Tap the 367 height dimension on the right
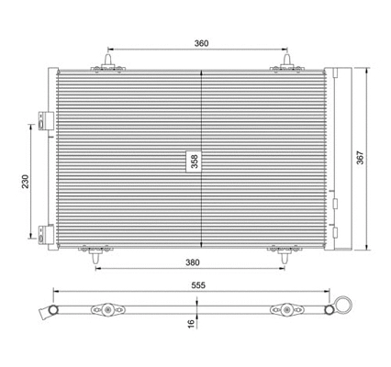[x=373, y=158]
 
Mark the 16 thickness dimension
[x=191, y=323]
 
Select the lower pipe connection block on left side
[x=42, y=236]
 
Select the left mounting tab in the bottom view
[x=109, y=309]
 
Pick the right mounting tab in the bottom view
[x=283, y=309]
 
